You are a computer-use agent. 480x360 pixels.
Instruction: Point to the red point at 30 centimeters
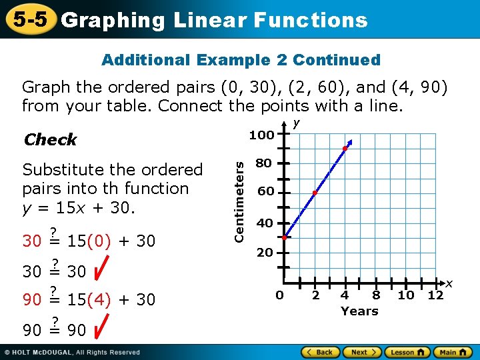click(x=284, y=237)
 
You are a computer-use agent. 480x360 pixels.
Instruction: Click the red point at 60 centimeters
click(x=315, y=193)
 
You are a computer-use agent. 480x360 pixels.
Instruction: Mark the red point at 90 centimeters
click(x=345, y=148)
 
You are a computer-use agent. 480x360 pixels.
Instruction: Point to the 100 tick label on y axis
click(x=261, y=135)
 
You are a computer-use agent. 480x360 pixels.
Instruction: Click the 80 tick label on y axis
click(x=264, y=163)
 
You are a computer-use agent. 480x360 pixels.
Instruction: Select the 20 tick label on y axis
click(x=265, y=253)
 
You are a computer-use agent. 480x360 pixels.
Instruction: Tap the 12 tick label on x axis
click(x=435, y=295)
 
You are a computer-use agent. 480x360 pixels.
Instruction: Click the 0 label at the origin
click(x=280, y=295)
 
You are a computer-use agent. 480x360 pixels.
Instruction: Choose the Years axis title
click(x=359, y=311)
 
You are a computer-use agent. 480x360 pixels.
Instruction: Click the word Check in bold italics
click(x=50, y=140)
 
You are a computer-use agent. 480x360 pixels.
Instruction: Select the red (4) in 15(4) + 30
click(x=99, y=300)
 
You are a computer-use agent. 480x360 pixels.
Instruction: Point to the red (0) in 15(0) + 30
click(x=99, y=241)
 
